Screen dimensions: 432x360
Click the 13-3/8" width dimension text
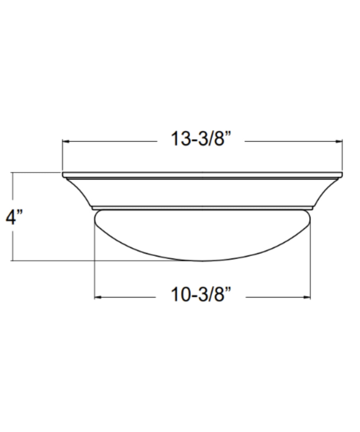point(201,139)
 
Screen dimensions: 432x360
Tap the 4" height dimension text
point(14,217)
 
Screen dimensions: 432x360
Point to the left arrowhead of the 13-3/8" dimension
point(65,141)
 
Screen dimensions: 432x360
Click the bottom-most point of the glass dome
point(202,261)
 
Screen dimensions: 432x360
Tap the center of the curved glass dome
point(202,234)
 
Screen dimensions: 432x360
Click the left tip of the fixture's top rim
point(63,175)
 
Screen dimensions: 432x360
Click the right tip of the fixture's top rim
point(342,175)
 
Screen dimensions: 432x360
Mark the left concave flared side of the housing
point(81,193)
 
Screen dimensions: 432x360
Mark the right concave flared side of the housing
point(324,193)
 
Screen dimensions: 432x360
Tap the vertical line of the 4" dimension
point(13,245)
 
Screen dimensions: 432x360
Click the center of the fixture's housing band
point(202,193)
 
